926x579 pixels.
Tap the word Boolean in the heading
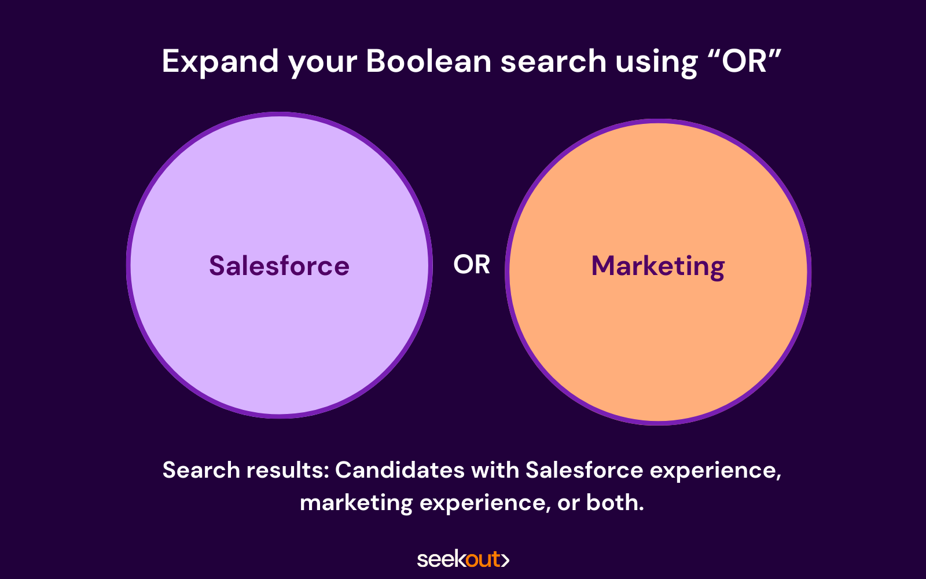click(x=429, y=61)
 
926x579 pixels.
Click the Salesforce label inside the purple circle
click(x=280, y=265)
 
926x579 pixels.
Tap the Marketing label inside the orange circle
click(x=658, y=267)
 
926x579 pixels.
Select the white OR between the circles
click(x=472, y=265)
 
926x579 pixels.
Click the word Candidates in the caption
click(x=400, y=470)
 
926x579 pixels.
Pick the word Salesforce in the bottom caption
click(x=585, y=470)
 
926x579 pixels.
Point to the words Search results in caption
click(x=246, y=470)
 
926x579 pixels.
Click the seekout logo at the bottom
click(x=463, y=559)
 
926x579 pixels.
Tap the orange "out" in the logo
click(x=483, y=560)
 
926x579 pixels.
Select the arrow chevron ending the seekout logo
click(x=505, y=560)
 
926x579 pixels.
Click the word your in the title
click(x=323, y=64)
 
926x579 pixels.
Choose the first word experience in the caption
click(x=715, y=472)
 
